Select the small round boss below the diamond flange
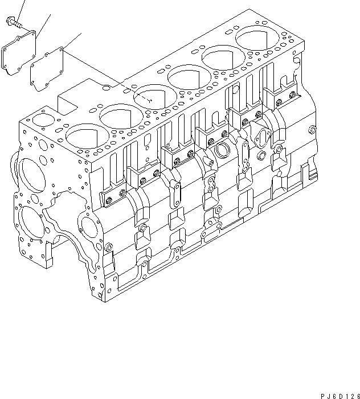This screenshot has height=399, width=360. [261, 157]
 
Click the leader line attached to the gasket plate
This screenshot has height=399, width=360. [71, 42]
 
